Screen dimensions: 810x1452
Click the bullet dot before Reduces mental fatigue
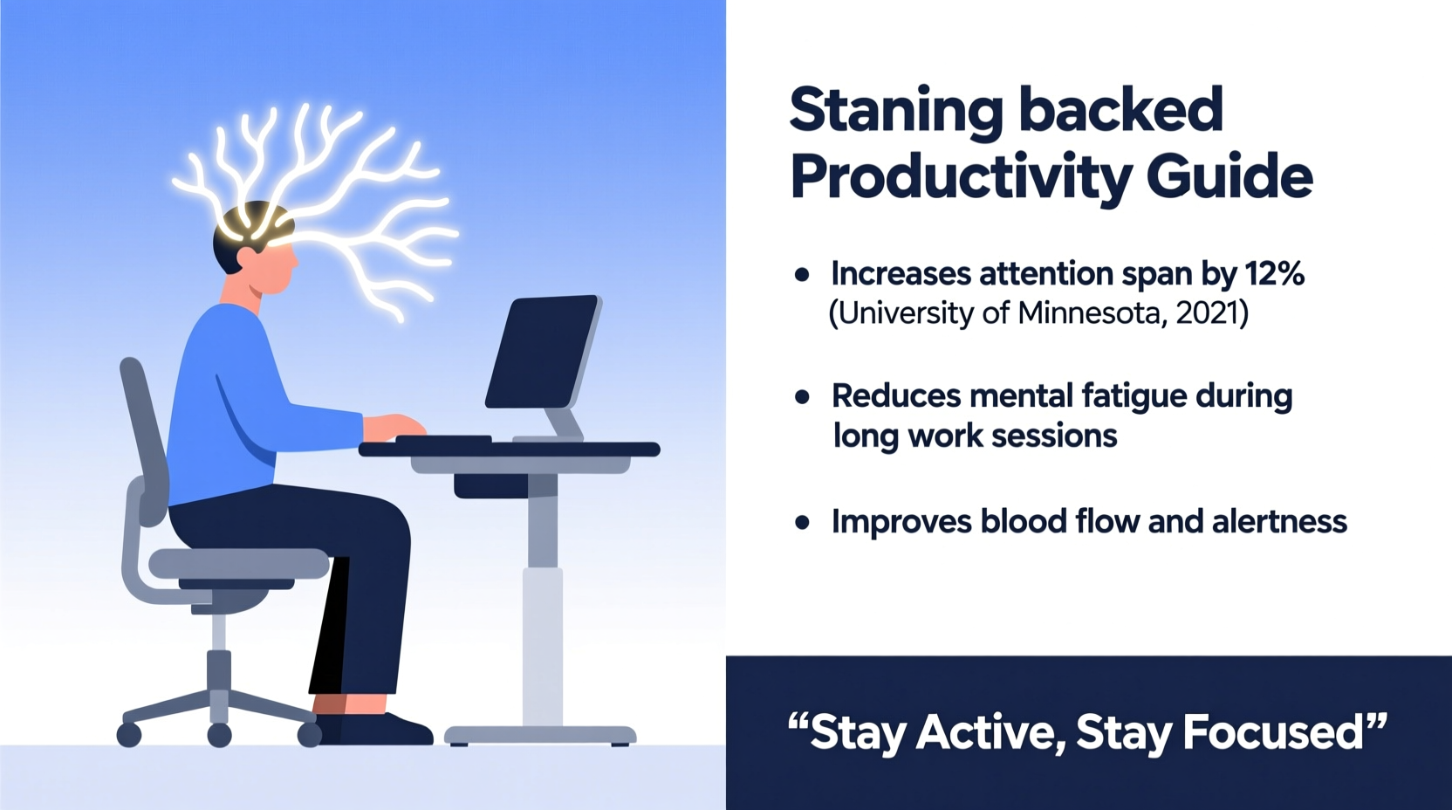(802, 397)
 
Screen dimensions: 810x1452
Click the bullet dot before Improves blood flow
(802, 523)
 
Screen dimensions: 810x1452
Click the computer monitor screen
(542, 351)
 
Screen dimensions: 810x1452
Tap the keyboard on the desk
(443, 440)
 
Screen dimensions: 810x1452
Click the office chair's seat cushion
(238, 564)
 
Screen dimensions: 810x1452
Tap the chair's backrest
(144, 436)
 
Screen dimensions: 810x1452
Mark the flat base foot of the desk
(540, 735)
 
